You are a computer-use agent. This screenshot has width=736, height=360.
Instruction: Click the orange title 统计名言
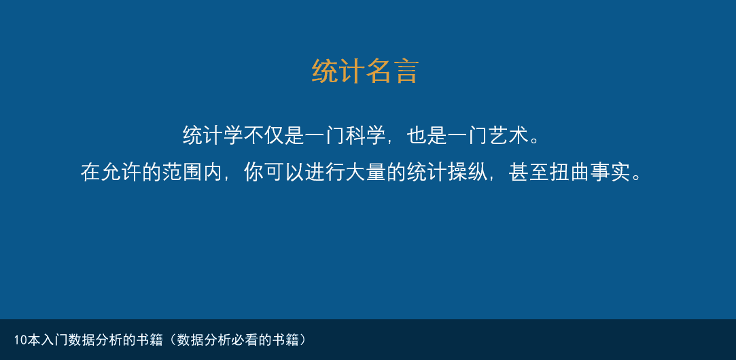365,71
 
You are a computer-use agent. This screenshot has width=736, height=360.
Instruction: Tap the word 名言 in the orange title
391,71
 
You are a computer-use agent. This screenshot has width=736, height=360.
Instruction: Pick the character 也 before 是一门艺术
417,136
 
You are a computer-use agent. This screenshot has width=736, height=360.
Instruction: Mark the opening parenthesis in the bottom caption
172,340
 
